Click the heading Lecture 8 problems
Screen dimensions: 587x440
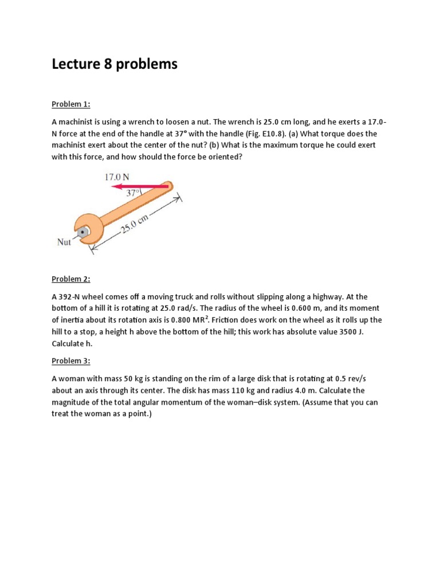115,64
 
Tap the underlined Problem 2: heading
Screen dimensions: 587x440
71,279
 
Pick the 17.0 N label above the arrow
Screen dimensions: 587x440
117,177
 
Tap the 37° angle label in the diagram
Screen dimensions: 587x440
133,194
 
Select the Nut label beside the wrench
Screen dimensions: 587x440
64,242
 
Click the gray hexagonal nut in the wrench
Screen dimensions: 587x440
84,232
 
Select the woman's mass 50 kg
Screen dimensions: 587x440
127,378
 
